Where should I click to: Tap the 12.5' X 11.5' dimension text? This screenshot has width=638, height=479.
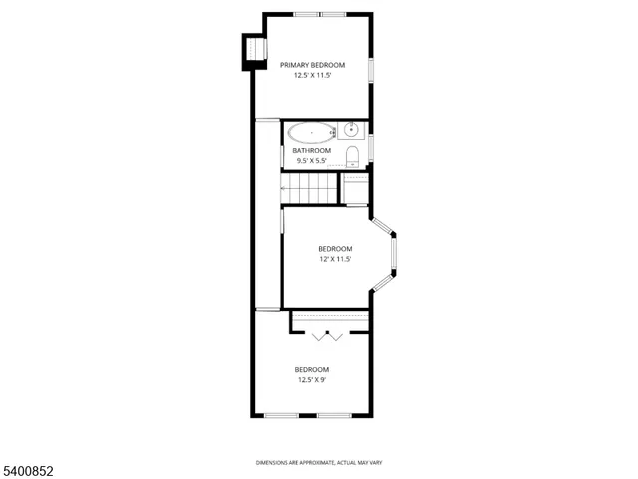point(312,75)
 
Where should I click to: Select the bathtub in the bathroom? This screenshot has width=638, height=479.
point(312,132)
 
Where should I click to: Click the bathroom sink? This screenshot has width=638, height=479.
point(351,130)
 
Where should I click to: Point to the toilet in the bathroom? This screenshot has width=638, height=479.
point(353,154)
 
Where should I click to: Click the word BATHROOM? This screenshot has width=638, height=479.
point(312,151)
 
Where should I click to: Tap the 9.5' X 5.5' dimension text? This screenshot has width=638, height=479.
point(312,161)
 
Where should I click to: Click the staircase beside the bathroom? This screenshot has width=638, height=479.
point(310,188)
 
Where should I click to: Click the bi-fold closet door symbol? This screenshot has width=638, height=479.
point(327,337)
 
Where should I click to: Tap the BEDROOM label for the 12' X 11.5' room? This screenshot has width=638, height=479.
point(335,249)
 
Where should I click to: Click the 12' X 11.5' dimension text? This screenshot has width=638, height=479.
point(335,259)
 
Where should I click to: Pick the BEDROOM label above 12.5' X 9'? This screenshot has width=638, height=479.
point(311,369)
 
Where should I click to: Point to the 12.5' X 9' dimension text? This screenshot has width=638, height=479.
point(311,379)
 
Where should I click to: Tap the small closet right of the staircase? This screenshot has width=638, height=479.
point(355,188)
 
